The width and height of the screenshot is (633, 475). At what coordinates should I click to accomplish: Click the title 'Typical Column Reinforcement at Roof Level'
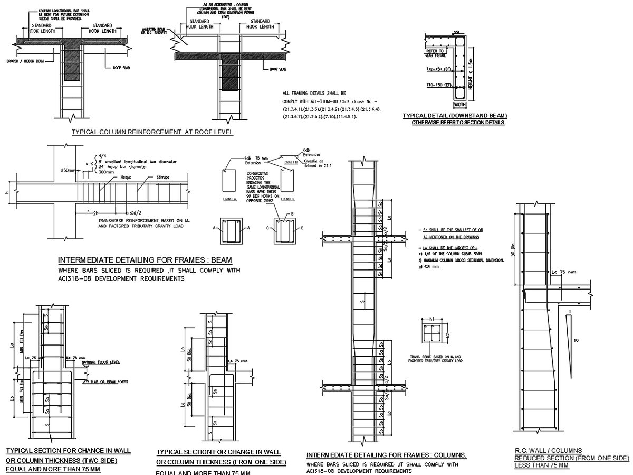(152, 132)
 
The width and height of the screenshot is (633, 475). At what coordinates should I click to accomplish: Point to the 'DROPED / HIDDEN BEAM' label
(25, 61)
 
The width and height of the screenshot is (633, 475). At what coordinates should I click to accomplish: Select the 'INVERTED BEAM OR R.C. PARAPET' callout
(154, 31)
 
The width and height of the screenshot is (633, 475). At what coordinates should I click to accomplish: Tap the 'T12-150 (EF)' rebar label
(440, 69)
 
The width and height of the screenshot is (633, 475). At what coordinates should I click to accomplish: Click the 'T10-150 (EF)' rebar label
(440, 85)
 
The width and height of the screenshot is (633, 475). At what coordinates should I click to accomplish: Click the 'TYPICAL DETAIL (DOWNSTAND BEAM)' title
(455, 116)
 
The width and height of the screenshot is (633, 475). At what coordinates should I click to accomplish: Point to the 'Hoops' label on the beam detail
(126, 178)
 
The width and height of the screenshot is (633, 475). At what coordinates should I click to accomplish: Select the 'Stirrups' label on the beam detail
(163, 178)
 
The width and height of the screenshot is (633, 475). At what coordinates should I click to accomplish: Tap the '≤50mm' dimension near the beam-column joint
(68, 170)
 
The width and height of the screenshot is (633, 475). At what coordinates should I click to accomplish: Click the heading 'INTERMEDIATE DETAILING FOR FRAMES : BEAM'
(145, 260)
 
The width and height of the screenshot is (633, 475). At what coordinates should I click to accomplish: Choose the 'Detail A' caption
(229, 199)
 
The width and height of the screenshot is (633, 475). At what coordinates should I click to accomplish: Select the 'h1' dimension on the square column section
(431, 319)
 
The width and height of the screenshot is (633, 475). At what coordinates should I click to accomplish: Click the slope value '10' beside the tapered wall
(576, 340)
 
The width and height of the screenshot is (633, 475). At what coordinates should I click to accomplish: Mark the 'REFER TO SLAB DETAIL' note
(433, 53)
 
